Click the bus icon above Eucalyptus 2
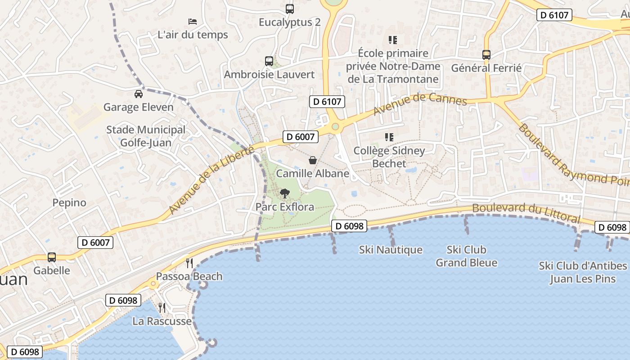(290, 9)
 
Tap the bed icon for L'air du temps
(193, 21)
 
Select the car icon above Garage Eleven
(138, 94)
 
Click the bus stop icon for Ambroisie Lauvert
(269, 61)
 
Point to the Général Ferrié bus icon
(486, 55)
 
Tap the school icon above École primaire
(393, 40)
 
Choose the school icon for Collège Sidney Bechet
(389, 137)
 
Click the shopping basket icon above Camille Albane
(313, 160)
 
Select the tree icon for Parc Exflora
(284, 193)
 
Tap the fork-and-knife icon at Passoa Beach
(189, 263)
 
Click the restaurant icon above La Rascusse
(162, 308)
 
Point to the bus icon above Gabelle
(52, 257)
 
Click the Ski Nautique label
(391, 250)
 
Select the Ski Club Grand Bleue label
(467, 256)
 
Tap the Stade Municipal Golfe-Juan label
(146, 136)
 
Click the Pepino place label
(69, 202)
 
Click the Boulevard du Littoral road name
(526, 212)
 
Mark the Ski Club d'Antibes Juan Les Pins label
(583, 272)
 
